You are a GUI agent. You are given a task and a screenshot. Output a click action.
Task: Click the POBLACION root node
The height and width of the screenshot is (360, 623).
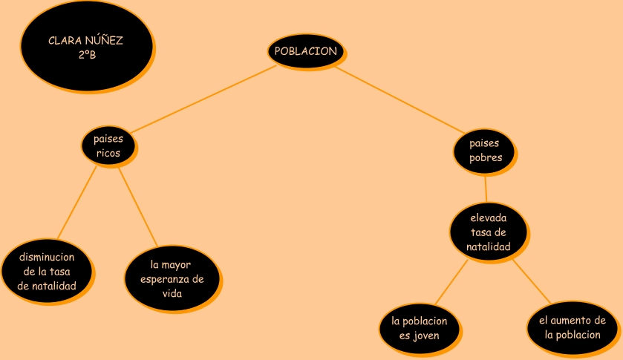pyautogui.click(x=305, y=50)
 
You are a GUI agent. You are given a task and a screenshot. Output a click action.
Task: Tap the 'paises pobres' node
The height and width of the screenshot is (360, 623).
pyautogui.click(x=485, y=150)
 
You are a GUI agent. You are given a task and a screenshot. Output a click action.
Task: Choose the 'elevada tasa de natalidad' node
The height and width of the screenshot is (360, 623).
pyautogui.click(x=489, y=232)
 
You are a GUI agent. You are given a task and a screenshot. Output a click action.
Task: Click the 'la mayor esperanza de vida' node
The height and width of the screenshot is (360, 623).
pyautogui.click(x=172, y=278)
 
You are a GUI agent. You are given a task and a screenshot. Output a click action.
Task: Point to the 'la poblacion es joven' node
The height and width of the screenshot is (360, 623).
pyautogui.click(x=419, y=328)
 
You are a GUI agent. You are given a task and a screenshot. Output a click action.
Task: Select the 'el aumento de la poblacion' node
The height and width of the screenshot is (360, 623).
pyautogui.click(x=572, y=327)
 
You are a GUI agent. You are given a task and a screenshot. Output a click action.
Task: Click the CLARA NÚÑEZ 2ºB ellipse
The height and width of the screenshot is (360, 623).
pyautogui.click(x=86, y=46)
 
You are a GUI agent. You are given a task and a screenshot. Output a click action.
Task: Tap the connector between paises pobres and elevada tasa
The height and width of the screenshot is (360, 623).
pyautogui.click(x=486, y=188)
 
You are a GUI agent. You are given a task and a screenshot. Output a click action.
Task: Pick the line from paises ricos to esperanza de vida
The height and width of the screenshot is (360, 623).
pyautogui.click(x=138, y=206)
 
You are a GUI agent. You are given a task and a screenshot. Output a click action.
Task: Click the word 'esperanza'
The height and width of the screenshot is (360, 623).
pyautogui.click(x=172, y=279)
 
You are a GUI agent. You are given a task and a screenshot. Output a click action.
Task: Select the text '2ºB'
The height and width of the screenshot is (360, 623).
pyautogui.click(x=86, y=54)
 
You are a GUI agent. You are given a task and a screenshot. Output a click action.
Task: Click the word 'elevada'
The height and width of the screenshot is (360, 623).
pyautogui.click(x=489, y=218)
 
